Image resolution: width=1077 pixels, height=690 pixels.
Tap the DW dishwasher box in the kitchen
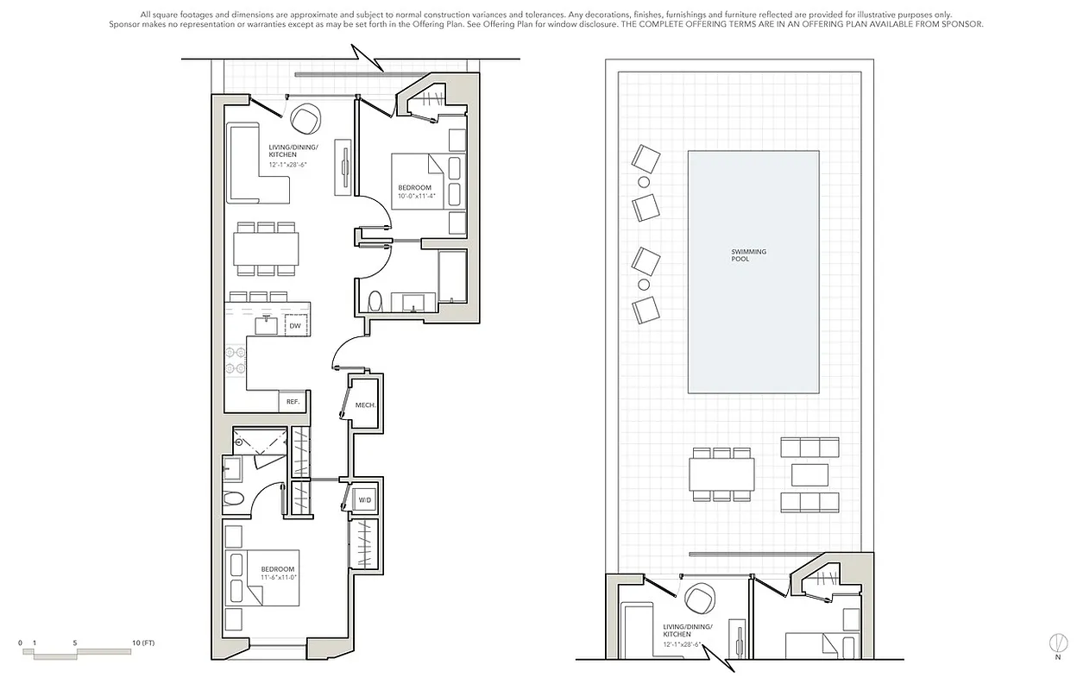point(295,326)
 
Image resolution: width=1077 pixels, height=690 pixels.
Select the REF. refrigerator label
point(293,402)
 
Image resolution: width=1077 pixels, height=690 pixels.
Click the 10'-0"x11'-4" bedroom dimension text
point(417,197)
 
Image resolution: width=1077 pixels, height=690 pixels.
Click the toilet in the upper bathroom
point(375,301)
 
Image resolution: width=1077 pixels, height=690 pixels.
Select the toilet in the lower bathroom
point(234,499)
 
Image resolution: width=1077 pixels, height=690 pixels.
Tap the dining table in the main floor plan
point(267,249)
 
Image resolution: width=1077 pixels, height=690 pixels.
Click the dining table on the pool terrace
point(721,474)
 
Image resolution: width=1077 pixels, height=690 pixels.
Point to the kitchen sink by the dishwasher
point(266,325)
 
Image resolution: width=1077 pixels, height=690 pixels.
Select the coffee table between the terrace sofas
point(809,474)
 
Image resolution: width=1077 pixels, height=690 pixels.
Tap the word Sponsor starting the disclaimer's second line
point(127,24)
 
